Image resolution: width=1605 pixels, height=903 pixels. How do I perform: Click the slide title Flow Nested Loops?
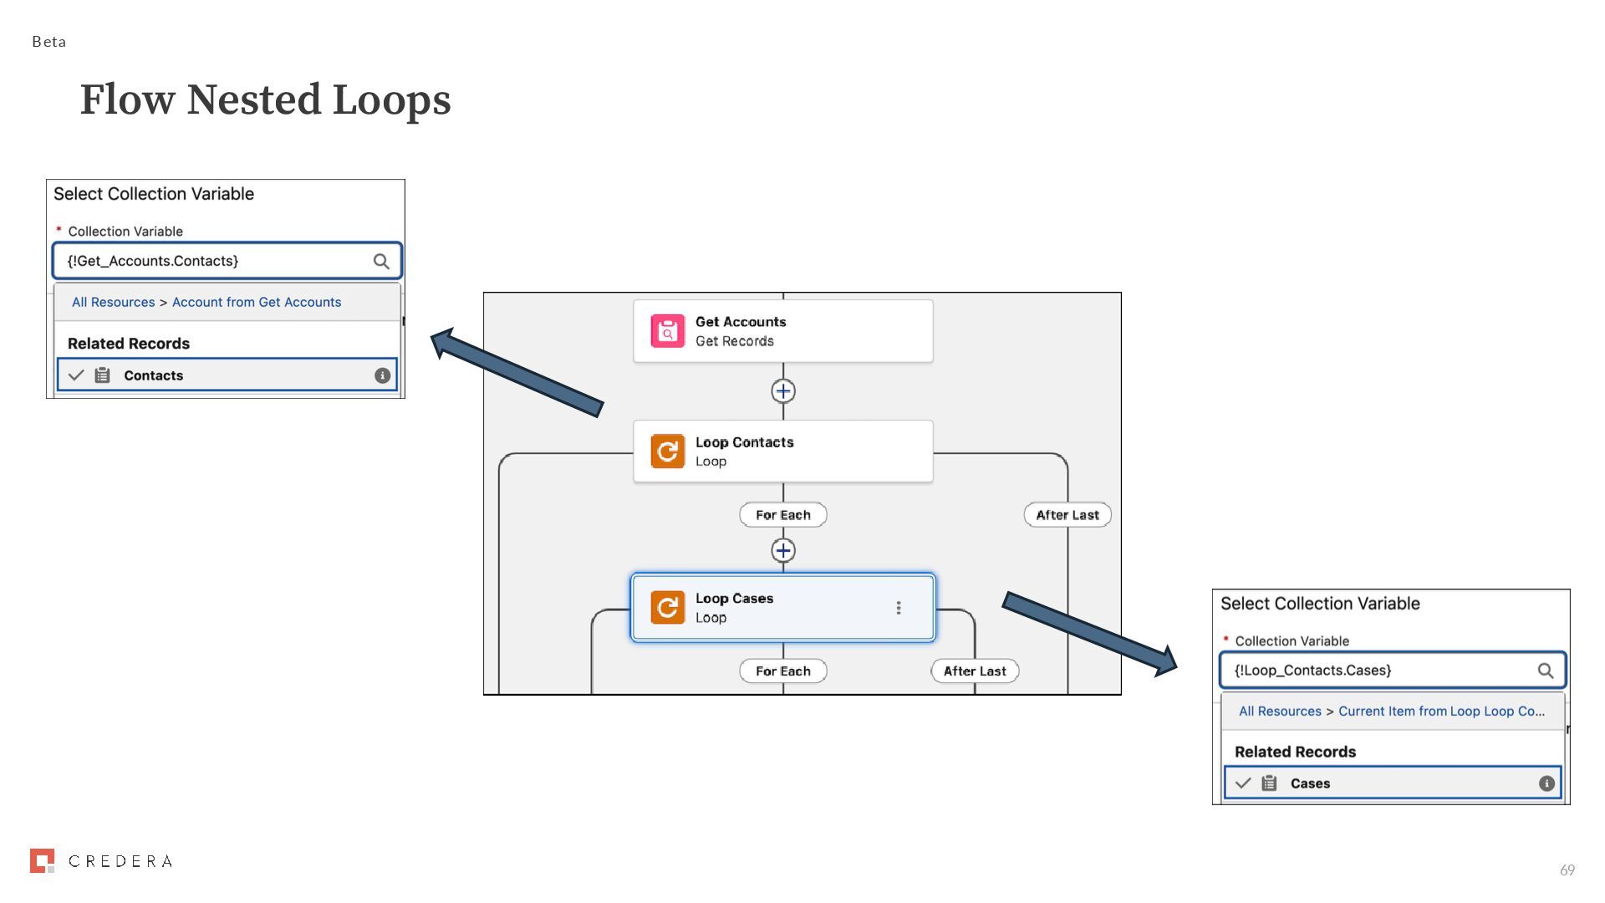point(265,99)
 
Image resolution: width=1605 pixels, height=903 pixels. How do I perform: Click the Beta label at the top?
point(48,42)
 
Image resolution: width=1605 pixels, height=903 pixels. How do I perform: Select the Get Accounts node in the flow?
point(782,331)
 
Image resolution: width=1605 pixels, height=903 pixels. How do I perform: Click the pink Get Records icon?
point(667,332)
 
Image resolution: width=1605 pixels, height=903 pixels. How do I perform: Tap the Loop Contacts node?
point(782,451)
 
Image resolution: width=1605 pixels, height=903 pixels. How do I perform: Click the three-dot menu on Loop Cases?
point(899,608)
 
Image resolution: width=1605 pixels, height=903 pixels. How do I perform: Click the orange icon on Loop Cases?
point(667,608)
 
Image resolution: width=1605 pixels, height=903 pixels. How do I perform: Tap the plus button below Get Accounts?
point(783,391)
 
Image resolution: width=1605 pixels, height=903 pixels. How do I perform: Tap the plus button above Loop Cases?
point(783,550)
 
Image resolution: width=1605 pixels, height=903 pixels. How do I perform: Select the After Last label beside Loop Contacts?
point(1067,515)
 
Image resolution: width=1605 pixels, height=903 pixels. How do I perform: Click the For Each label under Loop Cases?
point(782,671)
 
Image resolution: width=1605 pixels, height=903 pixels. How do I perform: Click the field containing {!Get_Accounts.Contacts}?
point(217,261)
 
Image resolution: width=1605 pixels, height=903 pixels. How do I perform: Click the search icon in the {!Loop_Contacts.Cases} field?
point(1546,671)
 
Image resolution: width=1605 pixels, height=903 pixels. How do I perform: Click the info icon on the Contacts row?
point(382,375)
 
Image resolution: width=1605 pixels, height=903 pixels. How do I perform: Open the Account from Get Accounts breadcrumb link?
point(256,303)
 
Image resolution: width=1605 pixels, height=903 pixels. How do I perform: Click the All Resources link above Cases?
point(1280,712)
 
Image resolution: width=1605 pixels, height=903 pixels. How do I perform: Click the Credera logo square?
point(42,860)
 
